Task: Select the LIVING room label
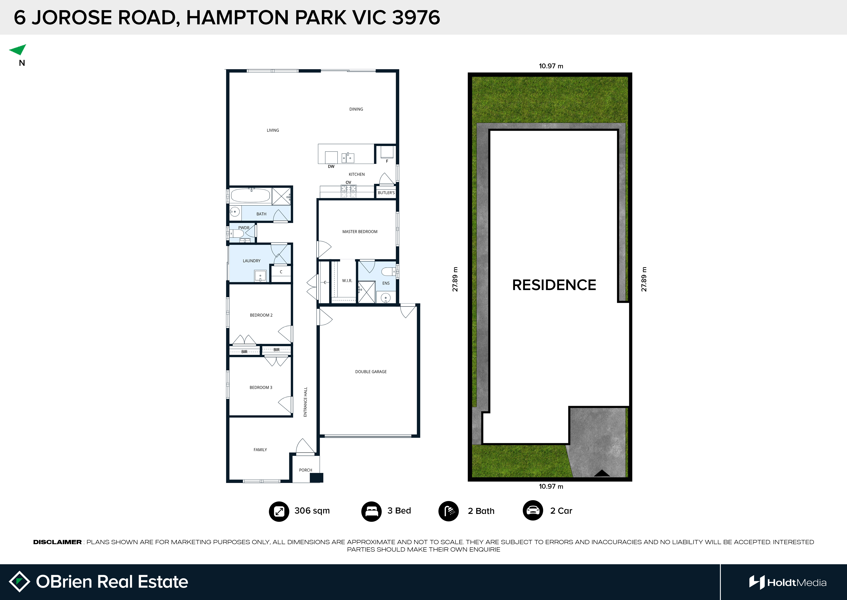(x=273, y=130)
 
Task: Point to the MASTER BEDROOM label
(x=360, y=232)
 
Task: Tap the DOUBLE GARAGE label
(x=371, y=372)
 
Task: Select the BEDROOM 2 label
(x=261, y=315)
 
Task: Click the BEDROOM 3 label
(x=261, y=388)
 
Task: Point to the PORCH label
(x=305, y=470)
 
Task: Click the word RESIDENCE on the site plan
(x=554, y=285)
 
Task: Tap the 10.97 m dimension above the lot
(x=551, y=66)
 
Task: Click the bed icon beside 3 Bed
(x=371, y=511)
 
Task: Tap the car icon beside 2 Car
(x=533, y=511)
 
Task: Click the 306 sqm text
(x=312, y=511)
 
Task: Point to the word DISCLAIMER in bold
(x=57, y=542)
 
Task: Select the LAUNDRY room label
(x=251, y=261)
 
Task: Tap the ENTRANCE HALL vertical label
(x=305, y=402)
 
